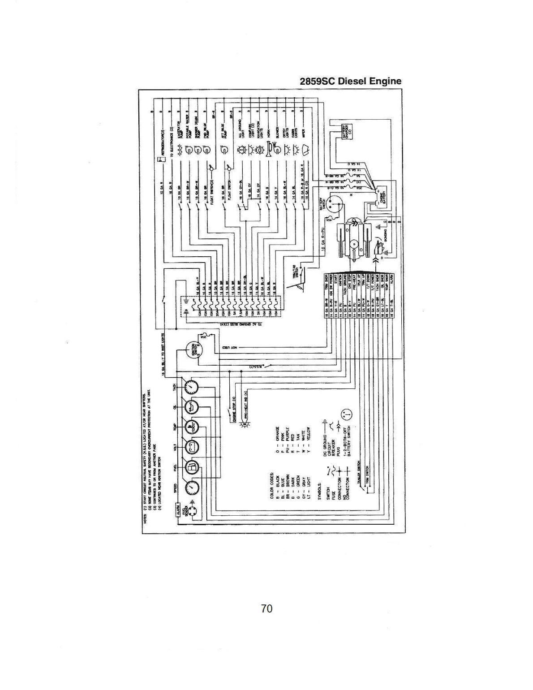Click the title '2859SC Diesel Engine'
[x=350, y=81]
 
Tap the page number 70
[x=266, y=608]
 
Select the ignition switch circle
[x=194, y=349]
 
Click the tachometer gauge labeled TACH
[x=192, y=386]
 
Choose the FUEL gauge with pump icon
[x=192, y=467]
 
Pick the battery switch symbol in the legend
[x=348, y=414]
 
